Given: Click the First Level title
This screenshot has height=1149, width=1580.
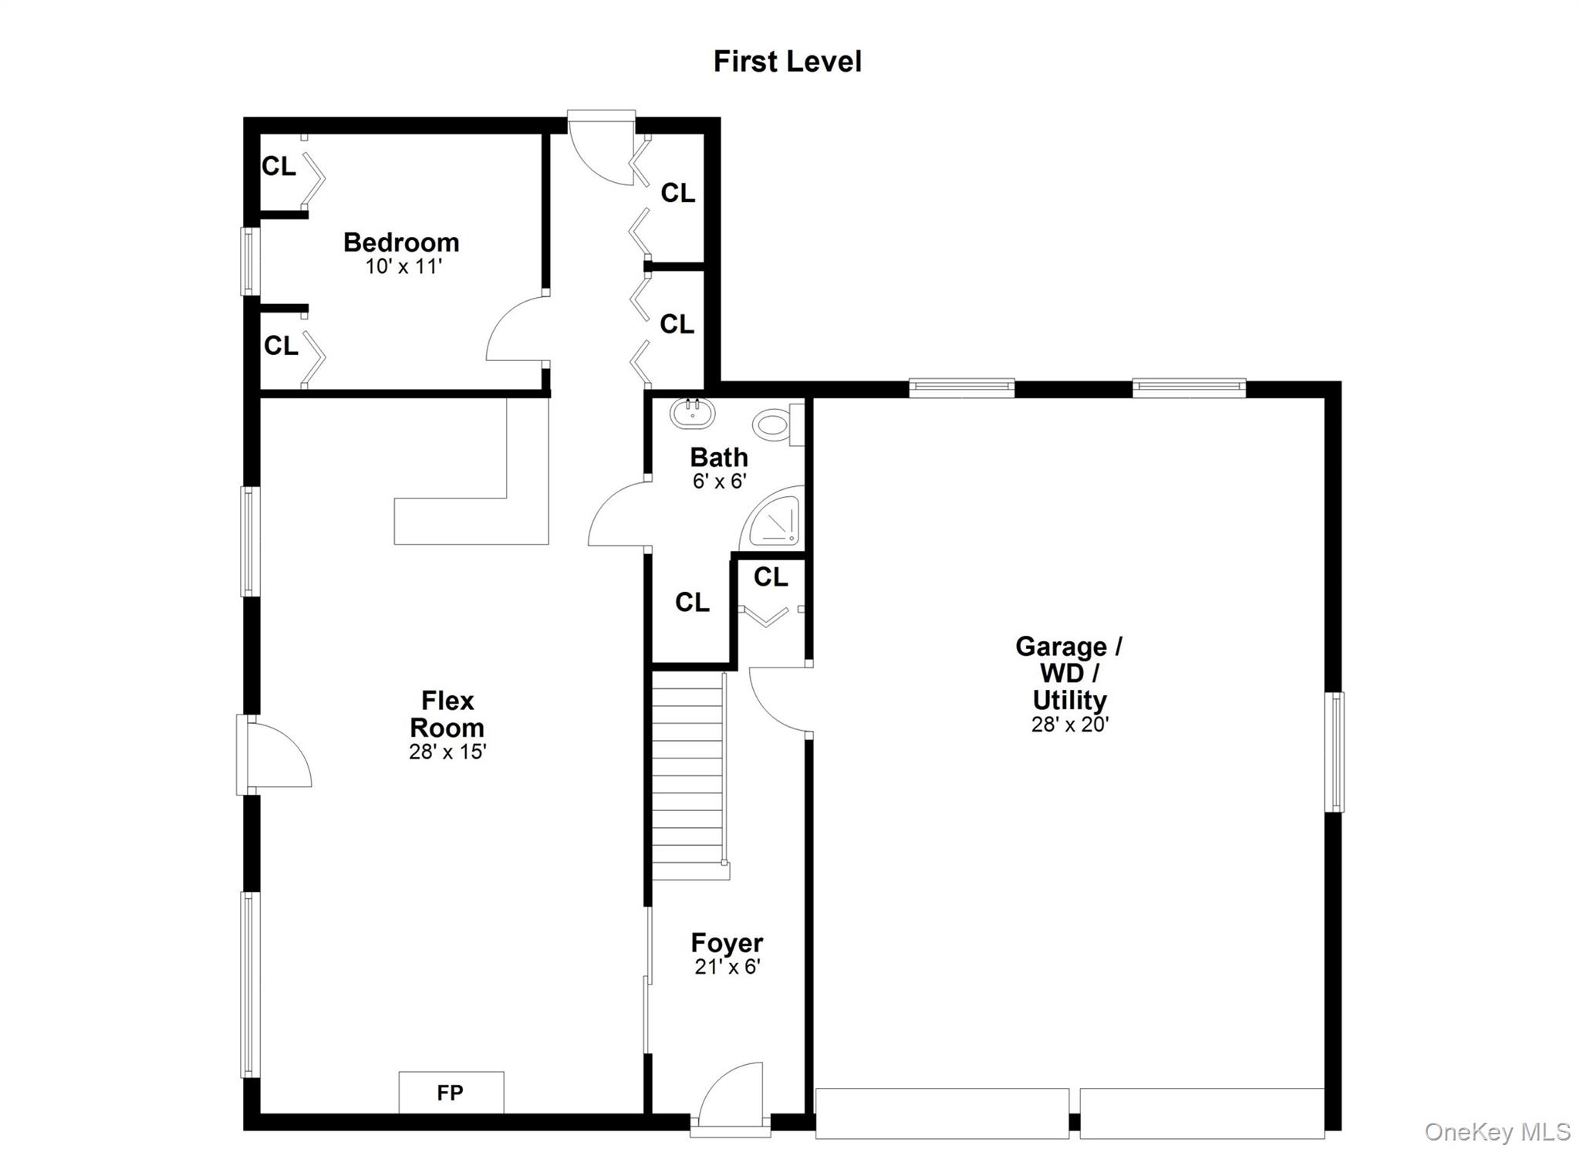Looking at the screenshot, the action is pyautogui.click(x=787, y=62).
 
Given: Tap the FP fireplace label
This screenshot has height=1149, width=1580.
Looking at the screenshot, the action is pyautogui.click(x=450, y=1093).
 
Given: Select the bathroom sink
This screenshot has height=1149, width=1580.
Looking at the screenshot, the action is pyautogui.click(x=692, y=414).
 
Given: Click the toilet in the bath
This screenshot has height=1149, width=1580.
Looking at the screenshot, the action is pyautogui.click(x=778, y=424).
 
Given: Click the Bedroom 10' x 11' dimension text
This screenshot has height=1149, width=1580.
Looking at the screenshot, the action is pyautogui.click(x=403, y=267).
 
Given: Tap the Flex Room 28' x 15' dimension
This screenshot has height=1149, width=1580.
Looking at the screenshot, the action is pyautogui.click(x=447, y=752).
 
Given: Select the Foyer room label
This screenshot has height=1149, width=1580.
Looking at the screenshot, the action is pyautogui.click(x=727, y=943).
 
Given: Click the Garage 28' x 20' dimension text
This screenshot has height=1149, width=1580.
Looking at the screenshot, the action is pyautogui.click(x=1070, y=725).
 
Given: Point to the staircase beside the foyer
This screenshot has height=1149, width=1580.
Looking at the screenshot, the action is pyautogui.click(x=688, y=776).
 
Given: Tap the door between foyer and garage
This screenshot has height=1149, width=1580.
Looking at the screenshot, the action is pyautogui.click(x=779, y=698).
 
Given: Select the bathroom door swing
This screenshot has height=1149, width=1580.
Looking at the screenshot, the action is pyautogui.click(x=617, y=513).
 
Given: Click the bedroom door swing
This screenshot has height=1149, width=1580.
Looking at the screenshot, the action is pyautogui.click(x=517, y=329).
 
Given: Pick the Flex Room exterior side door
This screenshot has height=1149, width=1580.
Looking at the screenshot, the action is pyautogui.click(x=274, y=754).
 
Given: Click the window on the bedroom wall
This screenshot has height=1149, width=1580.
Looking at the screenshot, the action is pyautogui.click(x=249, y=261).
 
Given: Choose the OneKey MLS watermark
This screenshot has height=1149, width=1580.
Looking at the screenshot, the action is pyautogui.click(x=1497, y=1131).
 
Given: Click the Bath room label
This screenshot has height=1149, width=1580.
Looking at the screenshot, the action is pyautogui.click(x=719, y=457).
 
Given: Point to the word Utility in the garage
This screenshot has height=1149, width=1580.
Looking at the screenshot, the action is pyautogui.click(x=1070, y=700).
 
